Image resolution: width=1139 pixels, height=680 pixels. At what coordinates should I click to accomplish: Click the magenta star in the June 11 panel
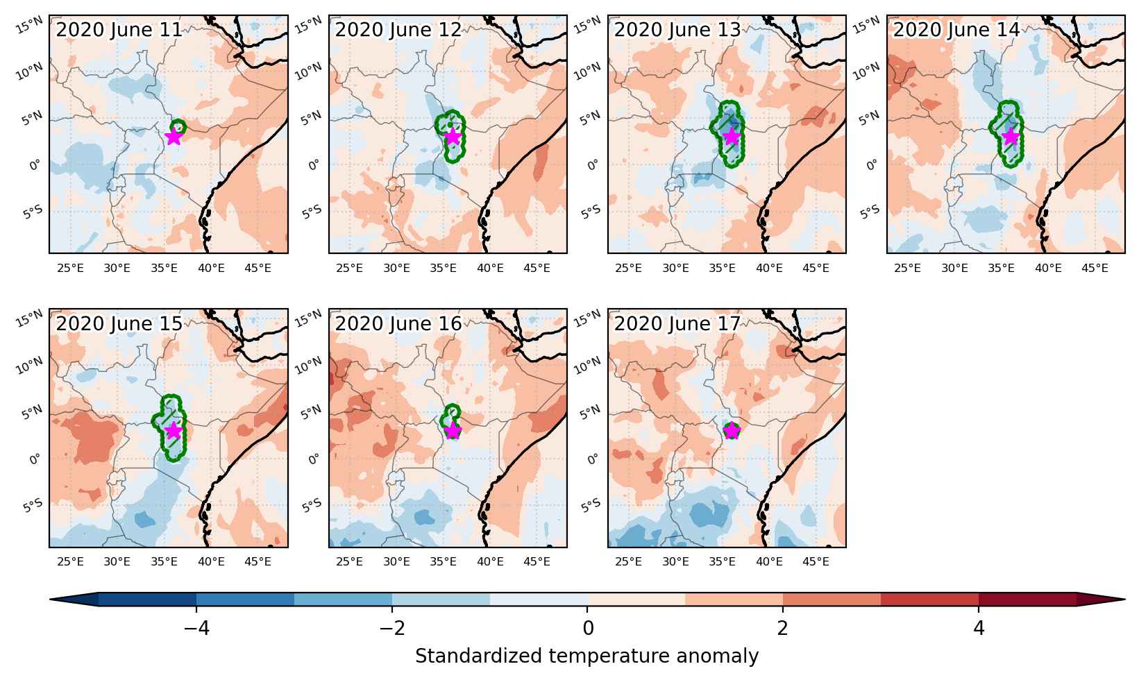tap(174, 136)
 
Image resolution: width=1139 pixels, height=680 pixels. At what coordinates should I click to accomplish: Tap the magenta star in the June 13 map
tap(732, 136)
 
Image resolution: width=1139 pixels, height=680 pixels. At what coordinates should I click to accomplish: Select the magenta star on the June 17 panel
tap(732, 430)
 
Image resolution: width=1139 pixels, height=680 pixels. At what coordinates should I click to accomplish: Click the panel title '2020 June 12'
tap(398, 29)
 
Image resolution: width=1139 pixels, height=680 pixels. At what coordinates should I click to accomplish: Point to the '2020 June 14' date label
tap(956, 29)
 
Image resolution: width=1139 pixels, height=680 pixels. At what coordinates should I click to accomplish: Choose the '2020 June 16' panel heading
tap(398, 324)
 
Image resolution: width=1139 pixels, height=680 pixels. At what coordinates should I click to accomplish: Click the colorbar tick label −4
tap(196, 629)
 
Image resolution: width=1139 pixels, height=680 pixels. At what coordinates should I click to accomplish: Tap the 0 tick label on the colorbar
tap(588, 629)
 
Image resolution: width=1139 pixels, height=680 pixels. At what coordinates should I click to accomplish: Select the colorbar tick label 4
tap(979, 629)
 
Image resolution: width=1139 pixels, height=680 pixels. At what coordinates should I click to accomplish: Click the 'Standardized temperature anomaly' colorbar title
tap(587, 656)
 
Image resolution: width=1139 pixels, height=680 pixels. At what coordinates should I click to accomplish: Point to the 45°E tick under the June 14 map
tap(1095, 268)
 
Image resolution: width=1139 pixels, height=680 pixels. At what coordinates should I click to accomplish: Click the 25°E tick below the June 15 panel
tap(70, 561)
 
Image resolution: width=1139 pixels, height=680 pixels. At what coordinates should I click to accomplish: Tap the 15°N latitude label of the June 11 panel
tap(29, 25)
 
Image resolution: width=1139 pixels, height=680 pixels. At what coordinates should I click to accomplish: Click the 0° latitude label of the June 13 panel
tap(593, 164)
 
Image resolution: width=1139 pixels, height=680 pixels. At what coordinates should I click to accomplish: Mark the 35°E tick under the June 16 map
tap(443, 561)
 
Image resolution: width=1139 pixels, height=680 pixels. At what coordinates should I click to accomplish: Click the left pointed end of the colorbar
tap(51, 600)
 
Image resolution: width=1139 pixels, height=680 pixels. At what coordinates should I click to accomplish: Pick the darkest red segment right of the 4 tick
tap(1027, 600)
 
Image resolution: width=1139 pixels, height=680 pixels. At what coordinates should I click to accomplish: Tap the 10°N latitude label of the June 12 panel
tap(309, 71)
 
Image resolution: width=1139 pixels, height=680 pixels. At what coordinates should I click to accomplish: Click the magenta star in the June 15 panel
tap(174, 430)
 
